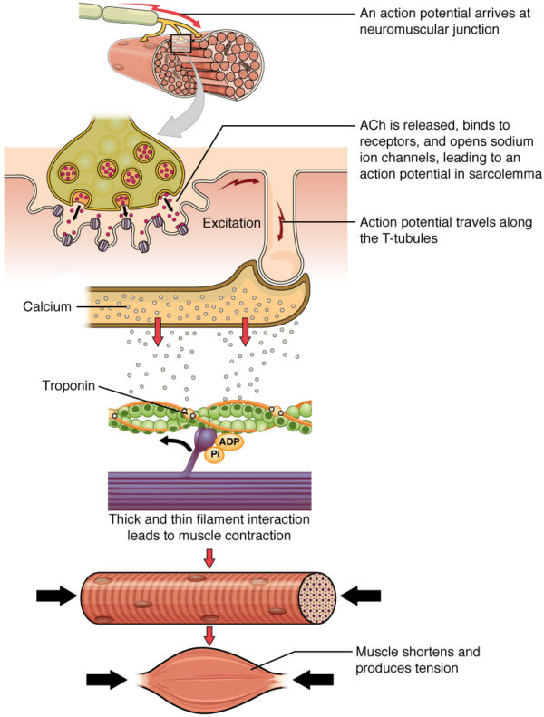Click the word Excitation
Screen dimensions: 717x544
(232, 220)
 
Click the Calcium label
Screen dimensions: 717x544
(46, 306)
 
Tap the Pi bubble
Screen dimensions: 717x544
(215, 454)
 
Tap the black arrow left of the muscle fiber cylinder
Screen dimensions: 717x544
(55, 596)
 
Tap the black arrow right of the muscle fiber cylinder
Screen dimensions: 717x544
(363, 596)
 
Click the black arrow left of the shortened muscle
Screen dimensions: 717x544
(107, 678)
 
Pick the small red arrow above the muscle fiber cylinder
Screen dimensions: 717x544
(209, 561)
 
